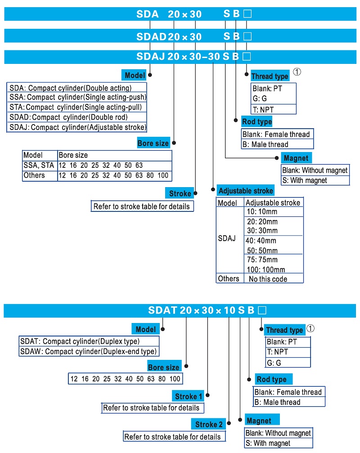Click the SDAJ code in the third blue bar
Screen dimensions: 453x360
point(151,57)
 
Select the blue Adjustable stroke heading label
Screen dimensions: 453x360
point(245,191)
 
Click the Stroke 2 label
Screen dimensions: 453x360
point(209,424)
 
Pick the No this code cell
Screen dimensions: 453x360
point(268,279)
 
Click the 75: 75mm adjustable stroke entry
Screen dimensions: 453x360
point(262,260)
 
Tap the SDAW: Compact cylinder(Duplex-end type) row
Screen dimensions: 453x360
point(89,351)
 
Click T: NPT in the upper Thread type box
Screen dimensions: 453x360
point(263,109)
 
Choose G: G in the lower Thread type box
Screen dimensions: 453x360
point(274,363)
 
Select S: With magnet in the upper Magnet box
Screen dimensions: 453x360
point(305,180)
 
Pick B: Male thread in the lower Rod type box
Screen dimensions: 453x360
point(277,402)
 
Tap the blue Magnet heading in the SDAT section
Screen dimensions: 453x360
point(259,421)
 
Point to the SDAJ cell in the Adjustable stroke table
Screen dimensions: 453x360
point(227,238)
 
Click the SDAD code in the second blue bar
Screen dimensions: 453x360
point(151,36)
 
